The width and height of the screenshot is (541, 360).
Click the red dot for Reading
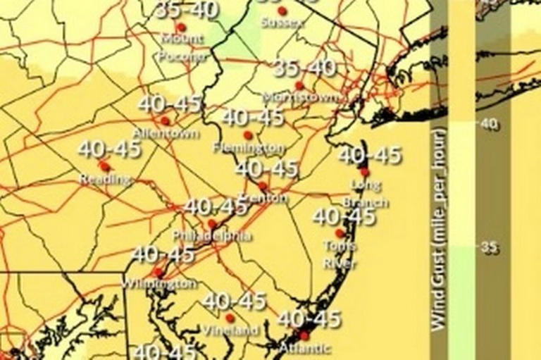point(104,166)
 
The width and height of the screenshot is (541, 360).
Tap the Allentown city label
point(166,132)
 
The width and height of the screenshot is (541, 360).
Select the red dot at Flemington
point(247,135)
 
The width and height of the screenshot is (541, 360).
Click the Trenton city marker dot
point(263,186)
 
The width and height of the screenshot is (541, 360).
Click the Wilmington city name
point(159,283)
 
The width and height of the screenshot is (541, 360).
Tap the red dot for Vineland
point(230,318)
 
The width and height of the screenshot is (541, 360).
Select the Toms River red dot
point(340,233)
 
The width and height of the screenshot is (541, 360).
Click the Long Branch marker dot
point(364,172)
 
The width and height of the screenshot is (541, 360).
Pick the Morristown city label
point(301,97)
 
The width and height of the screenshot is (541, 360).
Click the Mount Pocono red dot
point(181,27)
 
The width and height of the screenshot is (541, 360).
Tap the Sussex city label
point(282,22)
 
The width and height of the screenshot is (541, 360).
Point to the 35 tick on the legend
point(488,247)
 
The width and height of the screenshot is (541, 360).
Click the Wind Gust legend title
point(438,229)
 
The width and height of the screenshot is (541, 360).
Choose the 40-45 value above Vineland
point(234,302)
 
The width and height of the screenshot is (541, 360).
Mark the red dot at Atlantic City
point(304,335)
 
